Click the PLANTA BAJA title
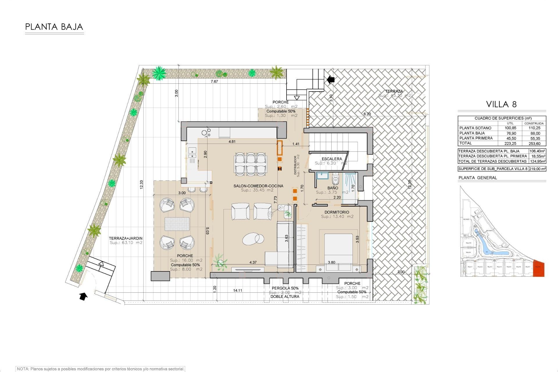click(x=54, y=27)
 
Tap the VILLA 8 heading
click(x=501, y=104)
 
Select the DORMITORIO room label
click(x=337, y=212)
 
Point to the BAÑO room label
click(x=332, y=188)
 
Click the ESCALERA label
click(x=332, y=159)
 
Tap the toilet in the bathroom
click(x=335, y=180)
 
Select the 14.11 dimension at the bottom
click(x=237, y=290)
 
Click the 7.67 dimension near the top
click(x=214, y=81)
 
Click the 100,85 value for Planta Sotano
click(x=510, y=128)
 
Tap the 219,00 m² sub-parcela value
click(x=537, y=169)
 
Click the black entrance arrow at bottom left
click(x=83, y=296)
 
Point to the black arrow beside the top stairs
click(x=330, y=79)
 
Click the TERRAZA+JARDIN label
click(x=126, y=238)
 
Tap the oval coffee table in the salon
click(x=253, y=239)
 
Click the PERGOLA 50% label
click(x=285, y=288)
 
